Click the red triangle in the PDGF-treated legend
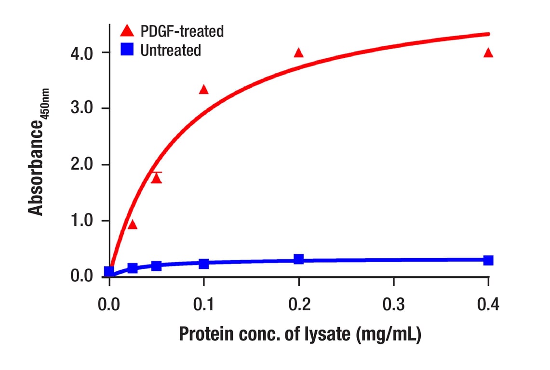(x=127, y=31)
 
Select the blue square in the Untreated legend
(x=127, y=50)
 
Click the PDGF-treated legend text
(x=182, y=32)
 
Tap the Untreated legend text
(x=171, y=50)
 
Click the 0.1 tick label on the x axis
(x=204, y=304)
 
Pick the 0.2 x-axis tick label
(x=299, y=304)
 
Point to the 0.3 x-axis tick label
(x=394, y=304)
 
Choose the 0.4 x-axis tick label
(x=488, y=304)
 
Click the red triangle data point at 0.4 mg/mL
(x=488, y=53)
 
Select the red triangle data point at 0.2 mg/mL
(x=299, y=53)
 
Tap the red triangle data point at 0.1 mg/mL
(x=204, y=89)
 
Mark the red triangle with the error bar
(x=156, y=178)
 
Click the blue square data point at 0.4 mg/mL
(x=488, y=260)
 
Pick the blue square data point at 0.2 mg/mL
(x=299, y=259)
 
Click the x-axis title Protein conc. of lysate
(x=300, y=335)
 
